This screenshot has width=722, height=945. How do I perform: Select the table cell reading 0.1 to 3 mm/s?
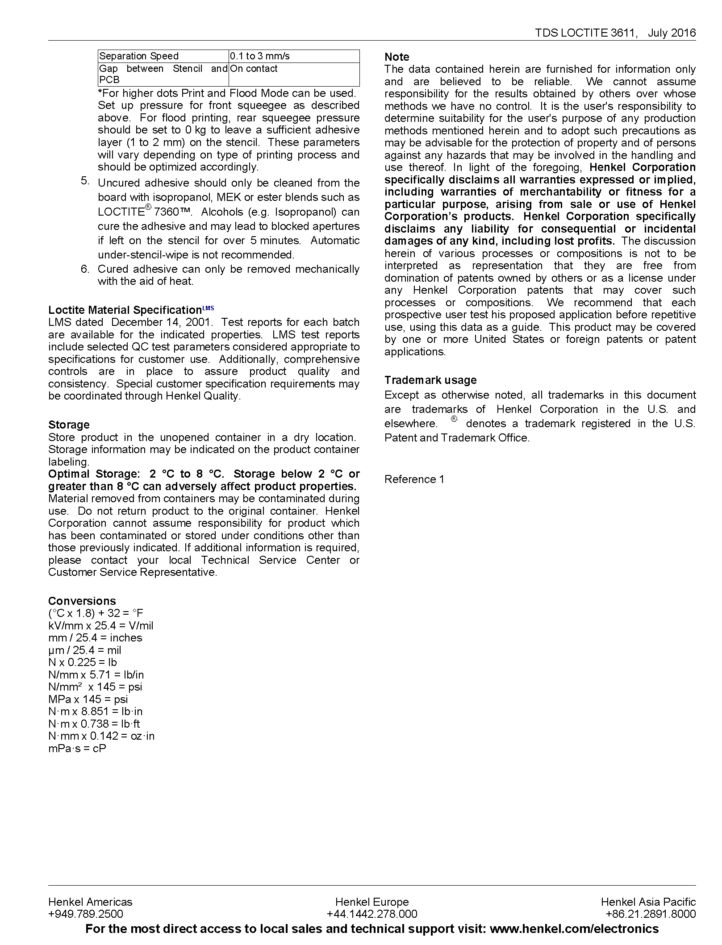coord(260,56)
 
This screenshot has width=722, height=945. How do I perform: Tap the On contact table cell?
coord(254,69)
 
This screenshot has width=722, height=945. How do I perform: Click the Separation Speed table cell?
coord(139,56)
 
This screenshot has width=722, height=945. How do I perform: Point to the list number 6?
coord(85,269)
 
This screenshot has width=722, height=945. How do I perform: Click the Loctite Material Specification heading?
coord(125,310)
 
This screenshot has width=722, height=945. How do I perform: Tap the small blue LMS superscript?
coord(208,308)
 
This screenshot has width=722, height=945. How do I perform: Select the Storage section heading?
coord(69,425)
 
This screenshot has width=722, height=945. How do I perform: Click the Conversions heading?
coord(82,601)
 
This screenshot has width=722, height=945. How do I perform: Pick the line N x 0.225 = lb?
coord(83,662)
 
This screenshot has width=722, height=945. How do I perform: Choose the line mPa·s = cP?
coord(77,749)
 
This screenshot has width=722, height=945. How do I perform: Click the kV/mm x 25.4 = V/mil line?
coord(100,626)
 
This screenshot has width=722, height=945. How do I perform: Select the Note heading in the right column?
coord(396,57)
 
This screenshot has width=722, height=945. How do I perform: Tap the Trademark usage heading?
coord(430,380)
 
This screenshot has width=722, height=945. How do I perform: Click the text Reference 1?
coord(414,479)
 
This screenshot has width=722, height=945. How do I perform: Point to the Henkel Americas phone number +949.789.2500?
coord(86,914)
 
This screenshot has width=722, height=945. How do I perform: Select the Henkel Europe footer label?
coord(372,902)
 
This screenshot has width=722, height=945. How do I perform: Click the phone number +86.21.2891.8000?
coord(651,914)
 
